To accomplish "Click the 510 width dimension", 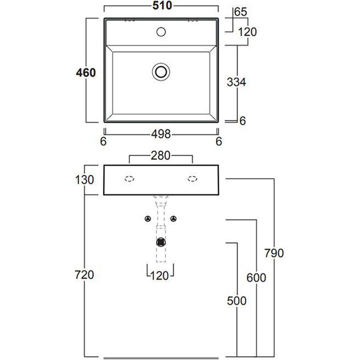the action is click(162, 6).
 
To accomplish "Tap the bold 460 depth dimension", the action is click(86, 73).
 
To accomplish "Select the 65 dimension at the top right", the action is click(241, 12).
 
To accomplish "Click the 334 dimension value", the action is click(236, 82).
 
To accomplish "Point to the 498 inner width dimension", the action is click(161, 135).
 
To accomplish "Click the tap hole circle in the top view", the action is click(161, 32).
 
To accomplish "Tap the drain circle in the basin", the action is click(161, 71).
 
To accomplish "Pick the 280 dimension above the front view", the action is click(160, 155).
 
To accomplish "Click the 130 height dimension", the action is click(85, 180).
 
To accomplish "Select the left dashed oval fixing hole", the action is click(129, 179).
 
